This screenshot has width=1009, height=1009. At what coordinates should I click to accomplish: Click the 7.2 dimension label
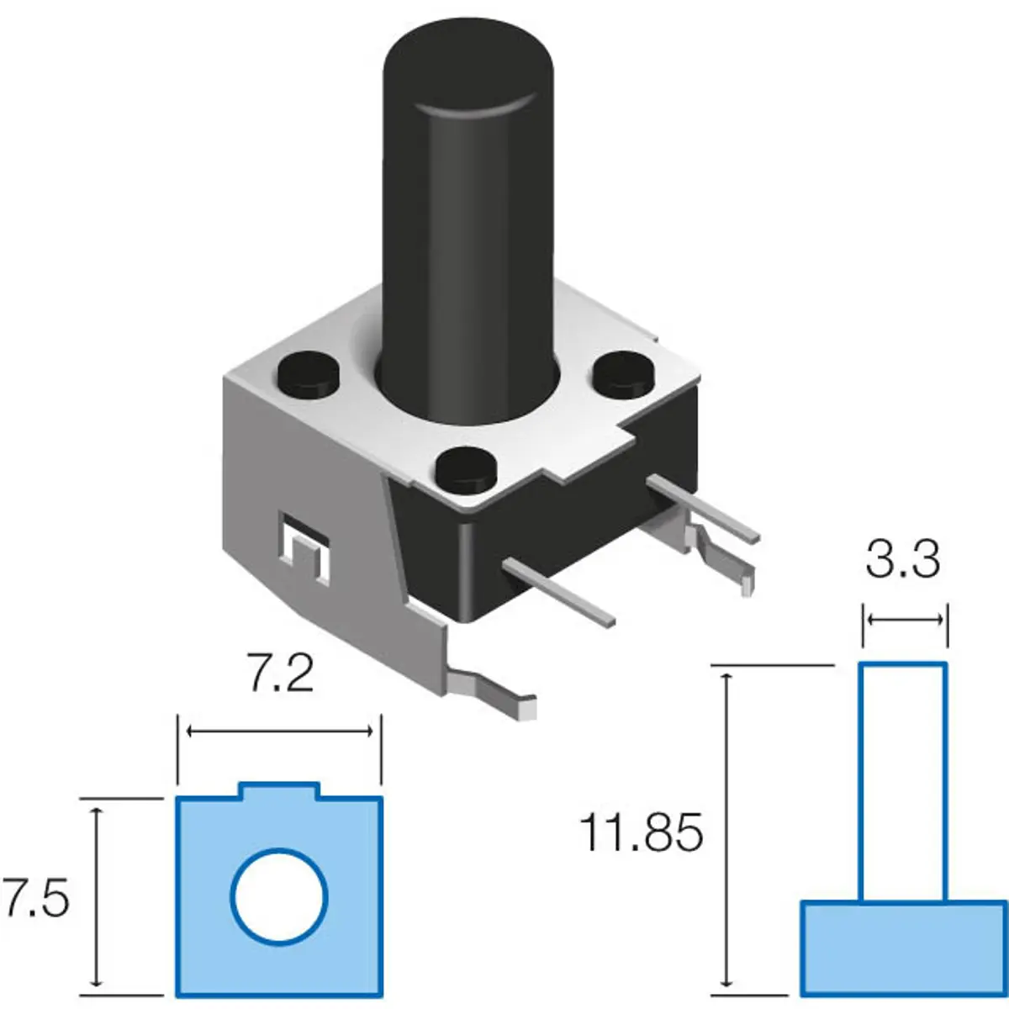click(281, 674)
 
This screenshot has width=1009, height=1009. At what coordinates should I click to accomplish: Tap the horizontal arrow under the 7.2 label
click(279, 732)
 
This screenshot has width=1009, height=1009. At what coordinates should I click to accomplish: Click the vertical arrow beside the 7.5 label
click(96, 896)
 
